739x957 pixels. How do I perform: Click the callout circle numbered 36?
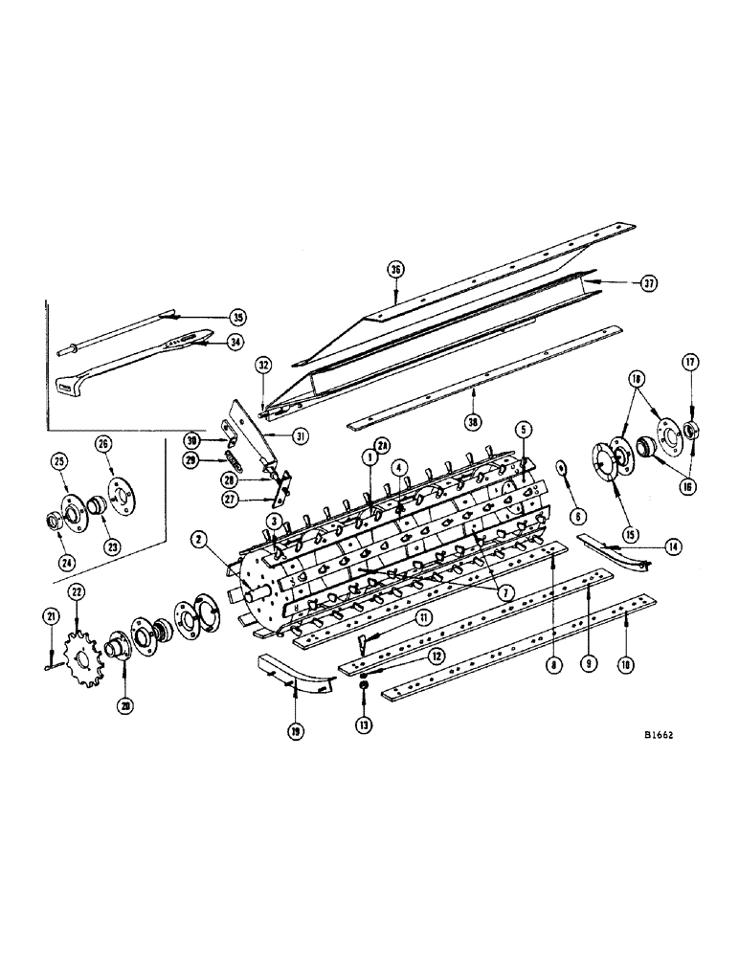click(x=393, y=270)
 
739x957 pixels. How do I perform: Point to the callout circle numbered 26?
click(x=103, y=443)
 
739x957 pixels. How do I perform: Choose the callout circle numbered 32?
click(x=263, y=365)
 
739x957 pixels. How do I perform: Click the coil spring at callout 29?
click(x=232, y=458)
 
